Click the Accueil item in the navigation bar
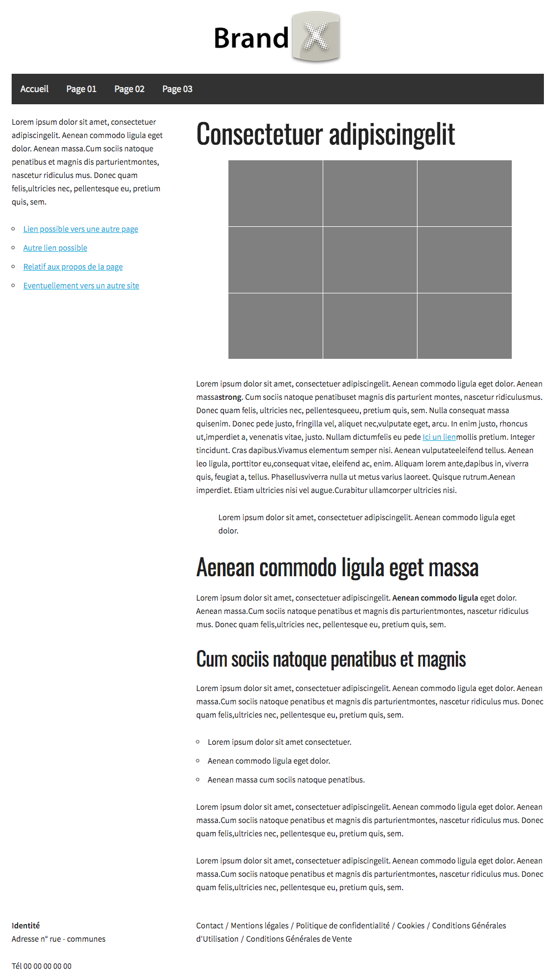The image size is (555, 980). pyautogui.click(x=34, y=89)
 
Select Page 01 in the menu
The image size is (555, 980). pyautogui.click(x=81, y=89)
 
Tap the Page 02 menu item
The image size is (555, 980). pyautogui.click(x=129, y=89)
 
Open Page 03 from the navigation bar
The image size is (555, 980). pyautogui.click(x=177, y=89)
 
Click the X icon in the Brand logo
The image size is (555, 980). pyautogui.click(x=315, y=37)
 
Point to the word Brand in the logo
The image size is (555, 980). pyautogui.click(x=251, y=38)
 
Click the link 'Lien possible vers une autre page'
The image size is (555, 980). pyautogui.click(x=80, y=229)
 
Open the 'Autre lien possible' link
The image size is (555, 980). pyautogui.click(x=55, y=248)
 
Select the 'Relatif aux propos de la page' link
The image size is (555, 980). pyautogui.click(x=73, y=267)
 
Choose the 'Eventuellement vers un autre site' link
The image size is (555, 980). pyautogui.click(x=81, y=286)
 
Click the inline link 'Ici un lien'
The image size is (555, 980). pyautogui.click(x=439, y=437)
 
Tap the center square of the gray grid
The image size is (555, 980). pyautogui.click(x=370, y=260)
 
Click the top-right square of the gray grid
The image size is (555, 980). pyautogui.click(x=465, y=193)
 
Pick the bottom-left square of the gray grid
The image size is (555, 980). pyautogui.click(x=276, y=326)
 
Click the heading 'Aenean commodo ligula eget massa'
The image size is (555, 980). pyautogui.click(x=337, y=568)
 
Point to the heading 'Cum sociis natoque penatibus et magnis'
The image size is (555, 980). pyautogui.click(x=331, y=659)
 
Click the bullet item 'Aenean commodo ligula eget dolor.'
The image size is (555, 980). pyautogui.click(x=269, y=761)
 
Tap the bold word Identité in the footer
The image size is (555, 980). pyautogui.click(x=26, y=926)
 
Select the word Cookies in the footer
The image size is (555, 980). pyautogui.click(x=411, y=926)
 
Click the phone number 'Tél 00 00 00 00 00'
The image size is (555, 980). pyautogui.click(x=42, y=966)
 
